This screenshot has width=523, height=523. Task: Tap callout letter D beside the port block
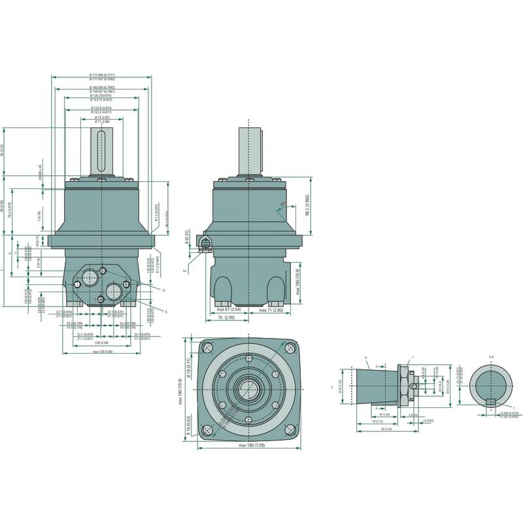pos(163,289)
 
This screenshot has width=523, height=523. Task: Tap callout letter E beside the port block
pos(166,312)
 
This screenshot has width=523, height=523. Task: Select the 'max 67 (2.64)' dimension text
pos(229,309)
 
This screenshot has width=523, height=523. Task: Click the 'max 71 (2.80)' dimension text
pos(270,309)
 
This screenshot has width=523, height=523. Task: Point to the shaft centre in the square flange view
pos(249,388)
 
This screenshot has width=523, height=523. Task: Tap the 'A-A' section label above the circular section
pos(491,358)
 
